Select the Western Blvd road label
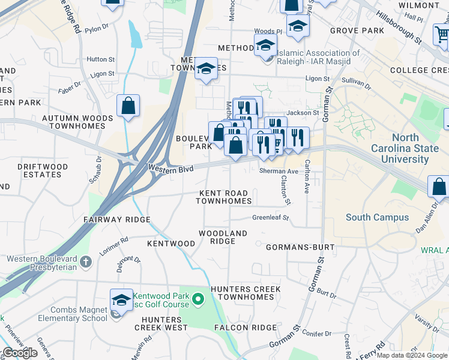171,170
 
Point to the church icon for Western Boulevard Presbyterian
86,262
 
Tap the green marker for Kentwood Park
199,296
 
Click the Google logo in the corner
19,353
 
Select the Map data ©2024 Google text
411,355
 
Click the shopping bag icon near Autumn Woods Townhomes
128,106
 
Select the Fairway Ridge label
116,220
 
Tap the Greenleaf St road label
270,218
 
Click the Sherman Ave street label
279,172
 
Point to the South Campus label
377,217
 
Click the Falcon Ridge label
246,328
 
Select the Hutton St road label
100,59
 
